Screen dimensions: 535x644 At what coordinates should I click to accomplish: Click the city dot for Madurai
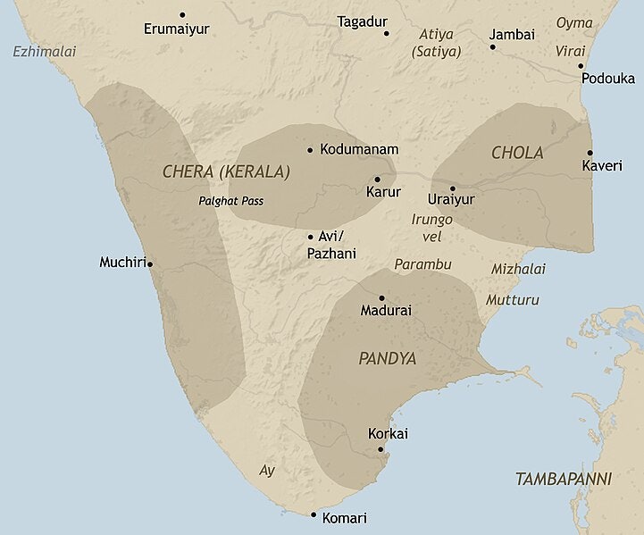point(381,297)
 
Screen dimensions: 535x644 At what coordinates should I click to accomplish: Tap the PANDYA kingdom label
point(388,358)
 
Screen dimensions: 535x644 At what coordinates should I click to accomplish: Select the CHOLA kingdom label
point(517,153)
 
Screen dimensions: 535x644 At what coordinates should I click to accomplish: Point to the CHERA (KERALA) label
point(227,171)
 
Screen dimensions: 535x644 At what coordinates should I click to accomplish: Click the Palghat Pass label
point(230,200)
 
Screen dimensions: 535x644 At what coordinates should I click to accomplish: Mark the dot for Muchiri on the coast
point(149,263)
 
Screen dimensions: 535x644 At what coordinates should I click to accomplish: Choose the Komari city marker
point(314,514)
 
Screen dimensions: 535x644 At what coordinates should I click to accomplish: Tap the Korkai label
point(388,434)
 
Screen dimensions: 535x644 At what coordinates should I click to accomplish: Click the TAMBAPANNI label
point(564,480)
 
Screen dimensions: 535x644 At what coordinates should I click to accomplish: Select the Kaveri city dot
point(590,153)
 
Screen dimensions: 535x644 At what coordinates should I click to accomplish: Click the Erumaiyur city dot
point(182,14)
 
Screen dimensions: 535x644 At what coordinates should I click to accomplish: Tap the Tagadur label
point(362,21)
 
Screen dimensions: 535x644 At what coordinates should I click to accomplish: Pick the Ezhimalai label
point(45,52)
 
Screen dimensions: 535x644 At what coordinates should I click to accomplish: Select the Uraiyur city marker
point(453,188)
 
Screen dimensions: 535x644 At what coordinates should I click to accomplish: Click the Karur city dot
point(377,179)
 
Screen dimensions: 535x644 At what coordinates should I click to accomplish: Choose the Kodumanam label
point(359,149)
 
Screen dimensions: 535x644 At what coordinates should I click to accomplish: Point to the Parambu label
point(423,264)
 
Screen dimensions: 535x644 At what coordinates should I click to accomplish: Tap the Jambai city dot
point(492,46)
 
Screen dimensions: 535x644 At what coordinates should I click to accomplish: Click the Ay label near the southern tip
point(266,470)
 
